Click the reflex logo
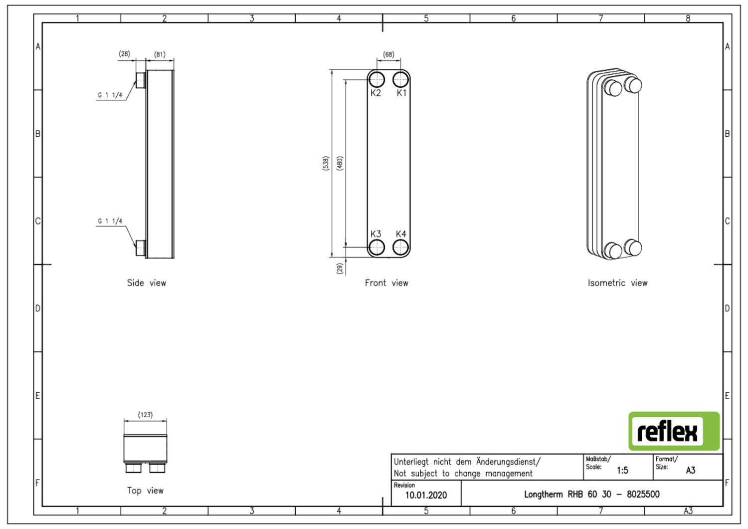(x=674, y=431)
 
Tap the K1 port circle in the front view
(x=400, y=79)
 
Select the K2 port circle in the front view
(x=376, y=79)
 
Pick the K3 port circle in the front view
(x=376, y=247)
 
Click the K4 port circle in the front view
(x=400, y=247)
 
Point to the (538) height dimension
(x=326, y=163)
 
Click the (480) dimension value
(x=340, y=163)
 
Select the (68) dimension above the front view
(x=388, y=54)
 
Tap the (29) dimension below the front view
(x=340, y=268)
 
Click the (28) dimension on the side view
(x=125, y=54)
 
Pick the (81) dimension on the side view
(x=160, y=54)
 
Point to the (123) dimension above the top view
(x=145, y=415)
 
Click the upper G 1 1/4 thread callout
(x=110, y=95)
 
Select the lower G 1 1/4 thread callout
(x=110, y=221)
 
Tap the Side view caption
(x=146, y=283)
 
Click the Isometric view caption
(x=617, y=283)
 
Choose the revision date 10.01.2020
(x=426, y=495)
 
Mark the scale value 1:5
(x=622, y=470)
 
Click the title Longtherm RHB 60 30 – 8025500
(x=591, y=494)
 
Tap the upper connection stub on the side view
(x=141, y=80)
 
